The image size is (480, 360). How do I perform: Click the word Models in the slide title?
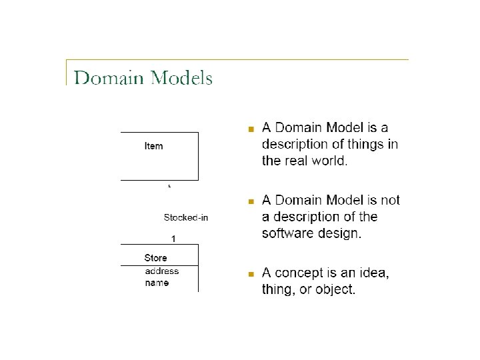coord(181,78)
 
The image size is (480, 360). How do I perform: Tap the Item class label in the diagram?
coord(153,146)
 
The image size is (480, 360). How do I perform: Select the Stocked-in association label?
coord(186,217)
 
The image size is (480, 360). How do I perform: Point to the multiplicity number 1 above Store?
coord(173,238)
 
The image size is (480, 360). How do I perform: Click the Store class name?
coord(155,258)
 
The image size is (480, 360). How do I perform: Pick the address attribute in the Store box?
coord(162,271)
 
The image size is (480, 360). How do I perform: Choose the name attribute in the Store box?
coord(157,283)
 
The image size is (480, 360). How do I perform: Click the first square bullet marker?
coord(251,129)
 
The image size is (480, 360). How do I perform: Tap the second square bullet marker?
coord(251,201)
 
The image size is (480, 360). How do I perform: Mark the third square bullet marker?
coord(251,274)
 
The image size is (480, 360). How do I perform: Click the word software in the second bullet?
coord(287,233)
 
